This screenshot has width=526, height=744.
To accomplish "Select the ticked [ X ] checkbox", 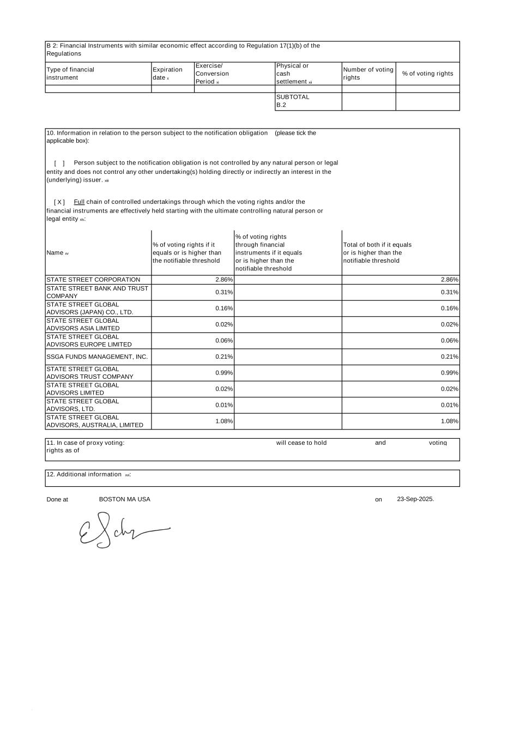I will pyautogui.click(x=59, y=202).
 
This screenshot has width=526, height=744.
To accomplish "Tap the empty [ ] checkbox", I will pyautogui.click(x=59, y=163).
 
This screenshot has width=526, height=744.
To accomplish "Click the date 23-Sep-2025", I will pyautogui.click(x=415, y=499).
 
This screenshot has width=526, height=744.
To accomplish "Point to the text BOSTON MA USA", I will pyautogui.click(x=124, y=499).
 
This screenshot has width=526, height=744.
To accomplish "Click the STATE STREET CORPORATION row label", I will pyautogui.click(x=93, y=280).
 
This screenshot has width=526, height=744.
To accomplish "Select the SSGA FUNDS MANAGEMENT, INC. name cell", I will pyautogui.click(x=97, y=357).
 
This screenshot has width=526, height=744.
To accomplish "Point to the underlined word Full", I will pyautogui.click(x=79, y=202).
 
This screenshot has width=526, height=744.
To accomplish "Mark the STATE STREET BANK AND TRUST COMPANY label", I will pyautogui.click(x=97, y=292).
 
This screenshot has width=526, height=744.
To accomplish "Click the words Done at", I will pyautogui.click(x=57, y=499).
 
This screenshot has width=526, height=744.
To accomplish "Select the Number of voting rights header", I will pyautogui.click(x=368, y=74).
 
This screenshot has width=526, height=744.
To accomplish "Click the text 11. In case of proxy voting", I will pyautogui.click(x=85, y=443).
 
